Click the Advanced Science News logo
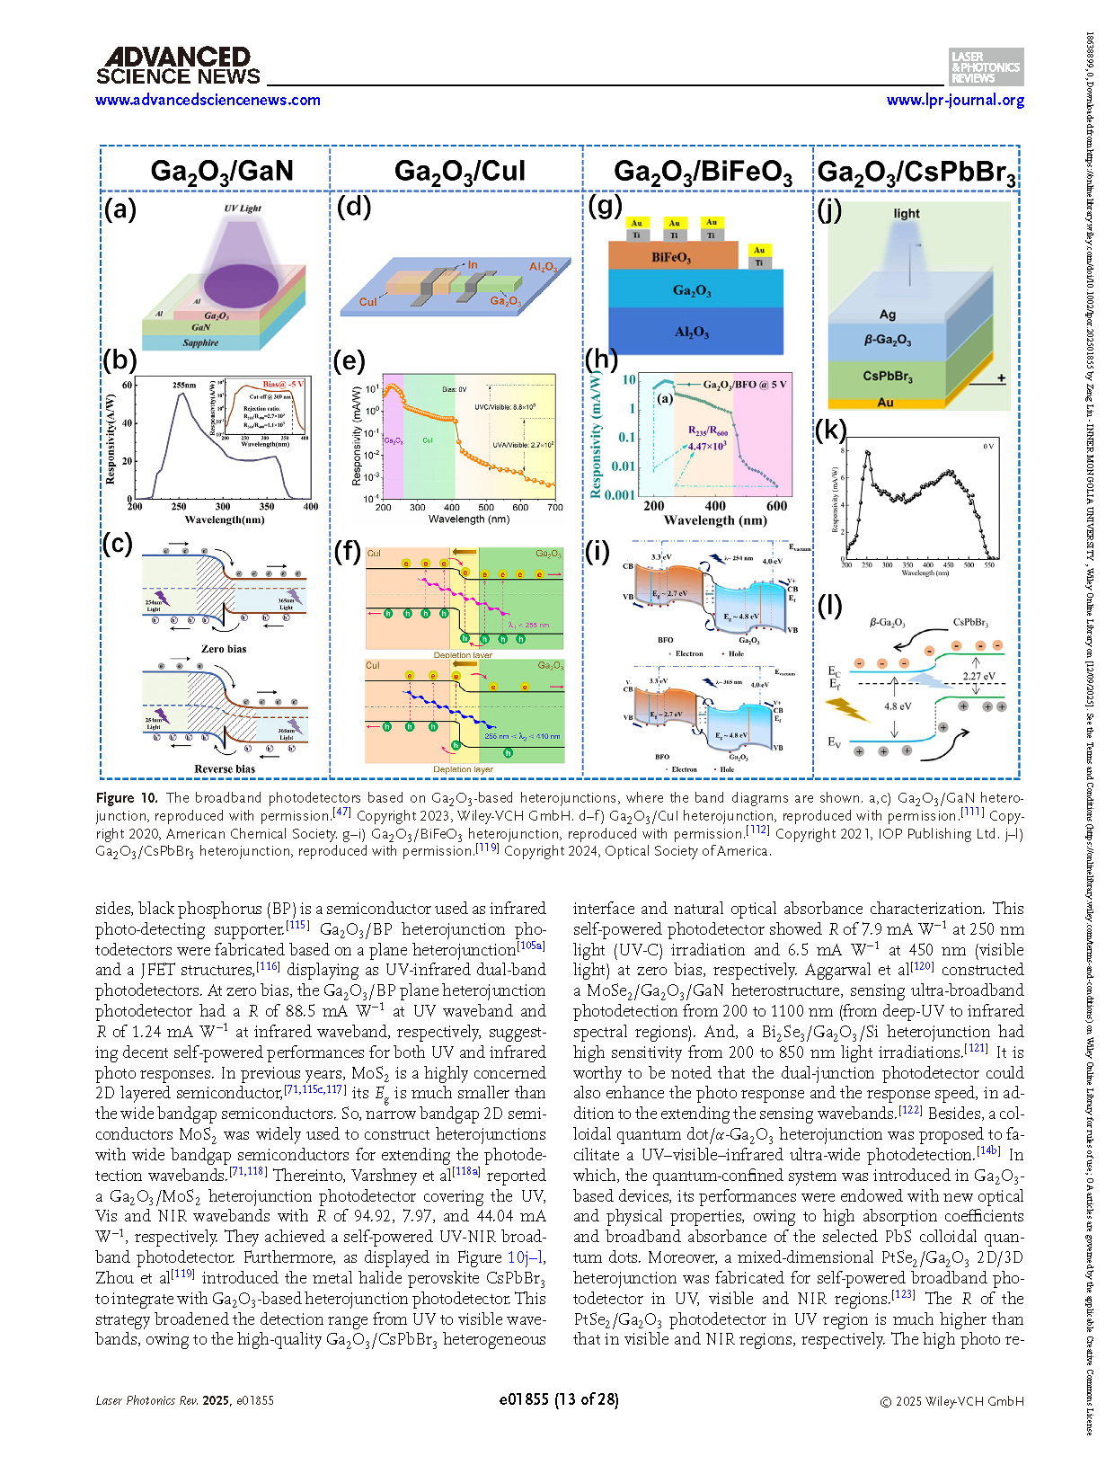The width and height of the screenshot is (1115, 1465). pyautogui.click(x=178, y=67)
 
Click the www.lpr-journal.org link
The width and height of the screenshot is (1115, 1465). pyautogui.click(x=955, y=100)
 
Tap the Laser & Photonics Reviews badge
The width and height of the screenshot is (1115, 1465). pyautogui.click(x=986, y=67)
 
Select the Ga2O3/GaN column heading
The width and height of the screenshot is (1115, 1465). pyautogui.click(x=221, y=171)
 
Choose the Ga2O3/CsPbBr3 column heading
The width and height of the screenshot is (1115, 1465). pyautogui.click(x=916, y=172)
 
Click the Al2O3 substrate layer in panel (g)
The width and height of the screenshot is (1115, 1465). pyautogui.click(x=692, y=332)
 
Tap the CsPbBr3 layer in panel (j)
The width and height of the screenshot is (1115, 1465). pyautogui.click(x=887, y=376)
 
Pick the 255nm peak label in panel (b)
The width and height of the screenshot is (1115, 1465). pyautogui.click(x=183, y=385)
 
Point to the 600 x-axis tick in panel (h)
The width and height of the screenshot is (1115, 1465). pyautogui.click(x=776, y=506)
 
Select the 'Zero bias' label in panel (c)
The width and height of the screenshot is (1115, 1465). pyautogui.click(x=224, y=648)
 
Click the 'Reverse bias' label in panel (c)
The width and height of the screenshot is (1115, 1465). pyautogui.click(x=225, y=768)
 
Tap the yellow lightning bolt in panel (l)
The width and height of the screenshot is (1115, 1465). pyautogui.click(x=848, y=710)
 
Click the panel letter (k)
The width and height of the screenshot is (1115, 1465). pyautogui.click(x=830, y=431)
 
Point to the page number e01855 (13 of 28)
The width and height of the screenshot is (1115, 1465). pyautogui.click(x=558, y=1399)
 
